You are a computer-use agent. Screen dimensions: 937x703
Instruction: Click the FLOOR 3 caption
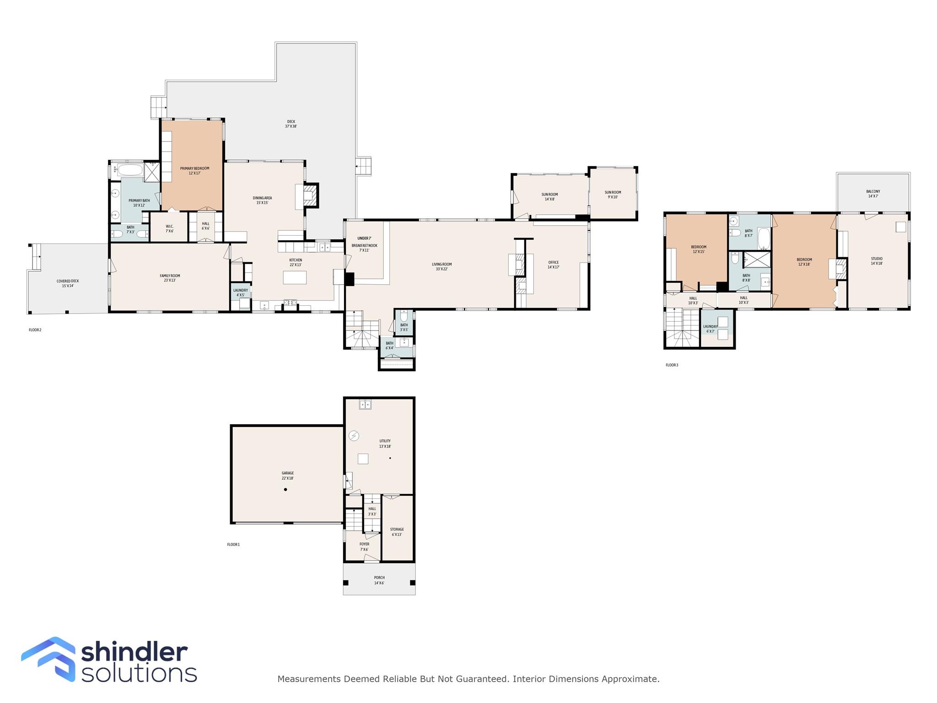(672, 365)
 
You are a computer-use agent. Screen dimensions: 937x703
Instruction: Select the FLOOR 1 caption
(233, 545)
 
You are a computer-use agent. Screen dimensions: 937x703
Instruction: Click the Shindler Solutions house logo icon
(48, 659)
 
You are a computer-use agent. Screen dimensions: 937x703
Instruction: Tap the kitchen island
(295, 278)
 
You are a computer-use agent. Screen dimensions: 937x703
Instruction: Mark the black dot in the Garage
(285, 490)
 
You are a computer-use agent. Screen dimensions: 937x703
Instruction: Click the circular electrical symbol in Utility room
(354, 436)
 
